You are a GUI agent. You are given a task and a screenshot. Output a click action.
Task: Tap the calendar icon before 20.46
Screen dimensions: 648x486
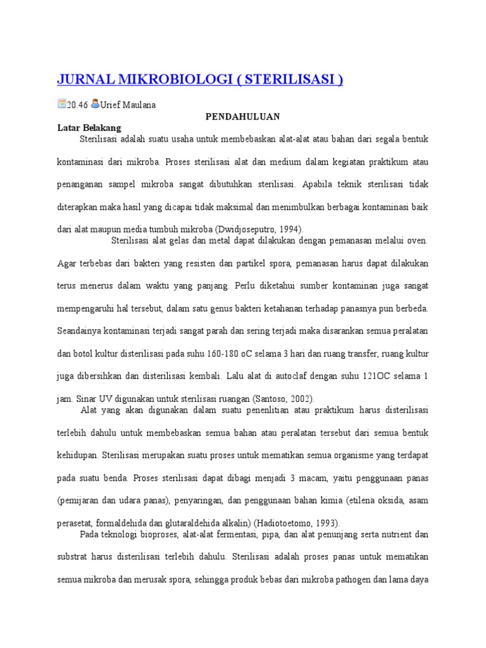point(61,104)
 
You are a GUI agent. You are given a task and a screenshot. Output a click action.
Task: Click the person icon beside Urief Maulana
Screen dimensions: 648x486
point(95,104)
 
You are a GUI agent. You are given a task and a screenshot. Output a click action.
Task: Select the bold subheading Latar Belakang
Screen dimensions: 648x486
point(89,127)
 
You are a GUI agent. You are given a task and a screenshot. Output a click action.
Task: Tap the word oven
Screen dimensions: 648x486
point(418,240)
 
